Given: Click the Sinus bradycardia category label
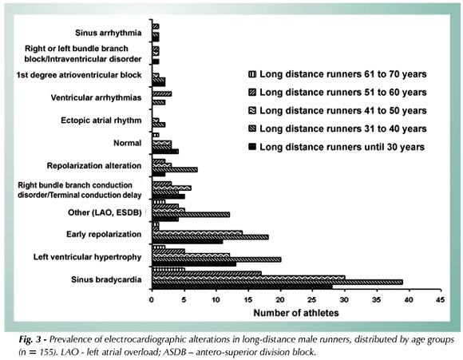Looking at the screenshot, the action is tap(106, 279).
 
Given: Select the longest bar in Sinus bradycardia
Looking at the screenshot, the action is tap(277, 283).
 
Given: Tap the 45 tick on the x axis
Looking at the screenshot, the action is tap(440, 300).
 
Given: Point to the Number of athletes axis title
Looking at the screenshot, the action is tap(296, 313).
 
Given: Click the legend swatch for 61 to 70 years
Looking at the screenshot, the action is tap(253, 74).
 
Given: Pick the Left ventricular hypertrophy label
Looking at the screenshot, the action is tap(87, 257).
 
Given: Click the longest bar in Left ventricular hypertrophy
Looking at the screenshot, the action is tap(216, 259).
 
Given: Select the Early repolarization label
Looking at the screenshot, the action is tap(104, 234).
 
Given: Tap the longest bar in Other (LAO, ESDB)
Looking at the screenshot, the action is tap(191, 215).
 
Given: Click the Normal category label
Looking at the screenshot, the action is tap(128, 143).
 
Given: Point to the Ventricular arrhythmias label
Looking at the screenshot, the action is tap(96, 97).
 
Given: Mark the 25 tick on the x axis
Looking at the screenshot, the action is tap(312, 300).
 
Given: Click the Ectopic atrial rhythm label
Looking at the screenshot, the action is tap(101, 121).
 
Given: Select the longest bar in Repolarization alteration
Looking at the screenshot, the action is tap(175, 169).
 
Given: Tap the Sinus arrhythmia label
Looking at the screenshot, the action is tap(109, 33).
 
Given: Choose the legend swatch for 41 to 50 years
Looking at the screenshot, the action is tap(253, 111).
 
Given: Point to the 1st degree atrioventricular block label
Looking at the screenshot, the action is tap(79, 75).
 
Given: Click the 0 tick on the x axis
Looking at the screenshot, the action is tap(152, 300).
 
